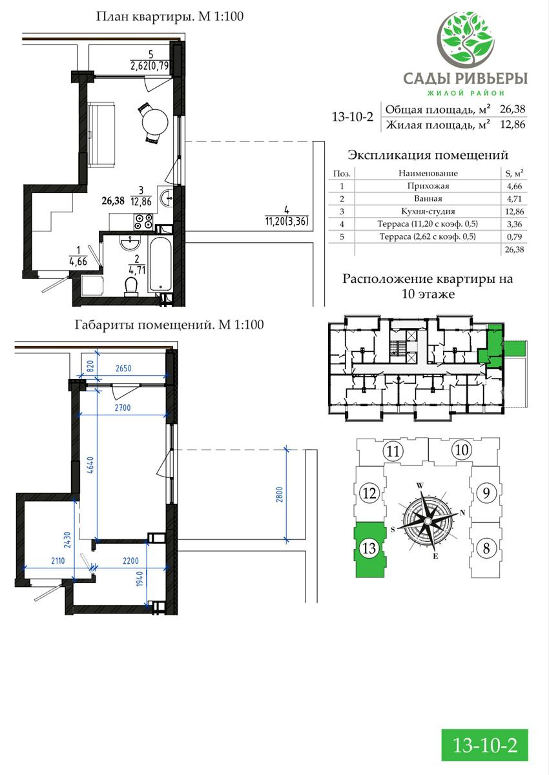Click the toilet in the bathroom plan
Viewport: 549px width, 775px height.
(x=130, y=287)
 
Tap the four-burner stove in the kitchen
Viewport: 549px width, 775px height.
(x=143, y=222)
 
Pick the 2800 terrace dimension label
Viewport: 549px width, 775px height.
(x=280, y=494)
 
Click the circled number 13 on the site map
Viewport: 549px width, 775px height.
(x=369, y=548)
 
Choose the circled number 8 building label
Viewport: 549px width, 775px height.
(x=486, y=548)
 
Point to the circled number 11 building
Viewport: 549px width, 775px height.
(x=393, y=451)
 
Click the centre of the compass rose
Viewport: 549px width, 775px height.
(x=428, y=521)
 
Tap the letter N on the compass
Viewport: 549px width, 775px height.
(x=462, y=513)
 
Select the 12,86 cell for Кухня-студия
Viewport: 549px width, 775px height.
(x=514, y=211)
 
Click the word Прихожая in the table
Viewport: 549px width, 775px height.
(x=428, y=186)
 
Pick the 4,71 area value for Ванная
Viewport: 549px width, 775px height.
(x=514, y=199)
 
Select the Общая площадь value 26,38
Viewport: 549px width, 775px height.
(x=512, y=109)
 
